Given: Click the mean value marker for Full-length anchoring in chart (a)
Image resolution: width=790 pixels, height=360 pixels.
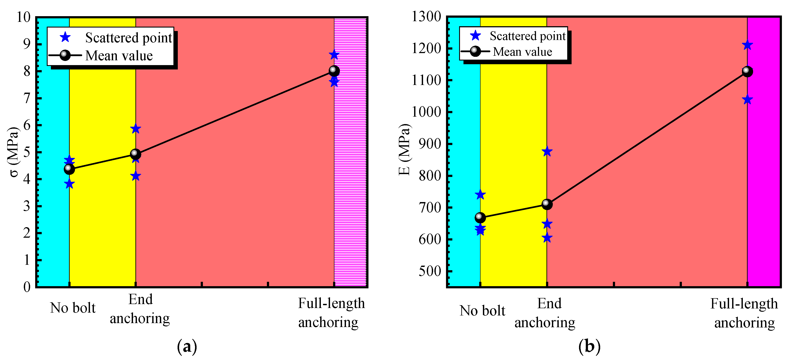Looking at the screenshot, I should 334,71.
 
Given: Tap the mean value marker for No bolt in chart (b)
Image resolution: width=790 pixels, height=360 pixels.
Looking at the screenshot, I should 480,218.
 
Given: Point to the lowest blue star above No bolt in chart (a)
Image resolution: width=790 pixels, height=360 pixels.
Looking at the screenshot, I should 69,184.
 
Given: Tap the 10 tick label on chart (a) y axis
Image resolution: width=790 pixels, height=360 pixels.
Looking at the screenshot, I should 24,17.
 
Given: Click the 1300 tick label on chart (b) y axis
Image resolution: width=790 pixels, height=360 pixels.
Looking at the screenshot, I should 426,17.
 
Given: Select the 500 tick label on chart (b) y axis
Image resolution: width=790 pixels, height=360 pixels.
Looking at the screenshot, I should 430,271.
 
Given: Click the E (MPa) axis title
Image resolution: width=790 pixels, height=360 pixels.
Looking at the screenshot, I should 405,150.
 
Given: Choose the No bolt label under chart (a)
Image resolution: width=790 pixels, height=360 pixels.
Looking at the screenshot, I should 73,308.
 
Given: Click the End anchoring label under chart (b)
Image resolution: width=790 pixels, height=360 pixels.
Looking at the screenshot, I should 545,313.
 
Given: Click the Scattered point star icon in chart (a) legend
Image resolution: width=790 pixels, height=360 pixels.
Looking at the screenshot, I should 65,37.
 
